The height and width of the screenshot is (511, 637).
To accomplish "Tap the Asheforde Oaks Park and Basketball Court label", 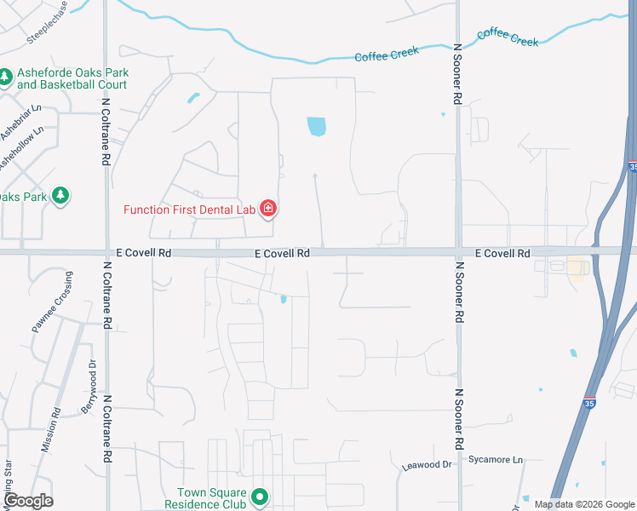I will (72, 78).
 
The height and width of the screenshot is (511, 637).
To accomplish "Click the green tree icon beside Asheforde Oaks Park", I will (5, 78).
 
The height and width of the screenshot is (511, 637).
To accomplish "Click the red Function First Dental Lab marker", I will (267, 208).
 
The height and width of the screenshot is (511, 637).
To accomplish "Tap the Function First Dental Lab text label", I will (191, 210).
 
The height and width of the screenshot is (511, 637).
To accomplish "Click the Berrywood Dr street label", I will (88, 388).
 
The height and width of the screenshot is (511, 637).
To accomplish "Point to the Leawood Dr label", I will (427, 465).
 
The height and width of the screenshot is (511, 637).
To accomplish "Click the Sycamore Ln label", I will (496, 460).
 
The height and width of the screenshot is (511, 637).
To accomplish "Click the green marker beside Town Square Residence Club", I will (261, 497).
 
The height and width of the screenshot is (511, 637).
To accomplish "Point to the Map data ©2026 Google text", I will (584, 504).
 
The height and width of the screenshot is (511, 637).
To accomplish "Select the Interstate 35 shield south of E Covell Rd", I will (589, 402).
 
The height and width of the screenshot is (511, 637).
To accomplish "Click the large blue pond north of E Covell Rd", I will (316, 127).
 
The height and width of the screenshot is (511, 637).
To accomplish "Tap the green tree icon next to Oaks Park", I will (60, 196).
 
